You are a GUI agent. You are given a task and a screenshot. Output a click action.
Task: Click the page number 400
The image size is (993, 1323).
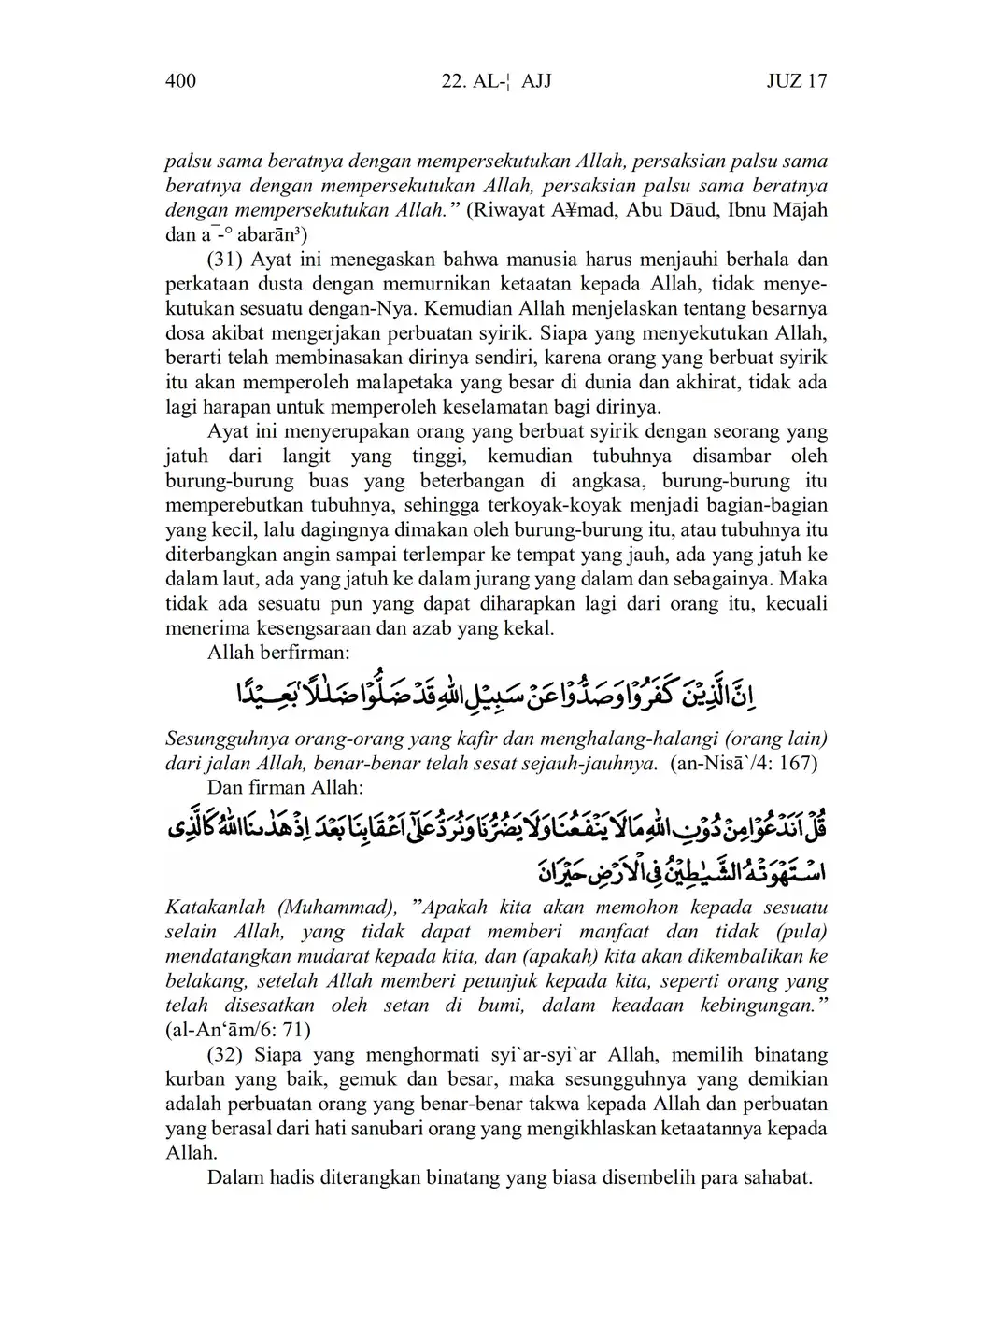(180, 81)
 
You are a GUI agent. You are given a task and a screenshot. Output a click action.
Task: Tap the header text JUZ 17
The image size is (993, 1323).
(796, 81)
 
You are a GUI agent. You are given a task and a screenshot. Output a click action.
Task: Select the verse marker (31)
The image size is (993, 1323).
(224, 259)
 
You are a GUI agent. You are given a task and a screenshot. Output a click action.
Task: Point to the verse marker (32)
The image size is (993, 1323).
(224, 1055)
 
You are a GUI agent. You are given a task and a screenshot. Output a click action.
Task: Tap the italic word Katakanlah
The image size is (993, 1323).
(216, 907)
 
